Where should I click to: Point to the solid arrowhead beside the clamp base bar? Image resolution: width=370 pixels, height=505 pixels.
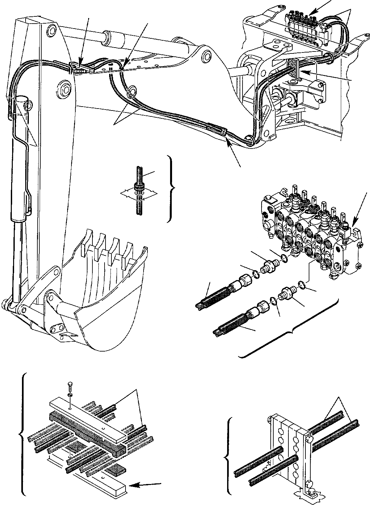135,484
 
